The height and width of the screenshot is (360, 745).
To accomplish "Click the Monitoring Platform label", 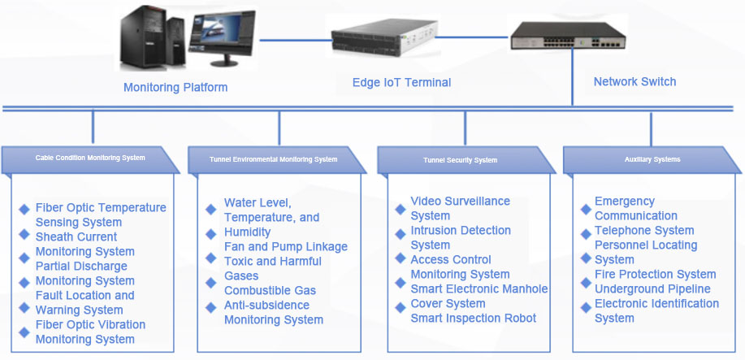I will coord(175,87).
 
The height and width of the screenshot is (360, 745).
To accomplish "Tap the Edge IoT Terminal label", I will coord(401,82).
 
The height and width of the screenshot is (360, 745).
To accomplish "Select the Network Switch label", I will coord(635,81).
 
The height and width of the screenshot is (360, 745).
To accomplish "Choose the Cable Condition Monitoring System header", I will coord(90,158).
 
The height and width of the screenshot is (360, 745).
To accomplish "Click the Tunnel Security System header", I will coord(460,159).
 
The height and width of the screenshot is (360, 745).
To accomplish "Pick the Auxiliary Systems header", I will coord(652,159).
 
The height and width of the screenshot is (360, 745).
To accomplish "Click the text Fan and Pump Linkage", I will coord(285,246).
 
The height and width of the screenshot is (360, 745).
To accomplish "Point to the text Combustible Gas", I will coord(270,290).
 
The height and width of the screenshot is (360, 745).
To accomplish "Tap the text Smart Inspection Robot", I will coord(473,318).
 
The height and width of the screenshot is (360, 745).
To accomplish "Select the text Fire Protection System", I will coord(655,274).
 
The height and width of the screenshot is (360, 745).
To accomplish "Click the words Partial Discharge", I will coord(81,266).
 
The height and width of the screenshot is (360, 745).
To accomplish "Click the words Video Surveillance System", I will coord(460,208).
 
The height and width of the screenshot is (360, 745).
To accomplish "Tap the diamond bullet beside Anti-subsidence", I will coord(210,306).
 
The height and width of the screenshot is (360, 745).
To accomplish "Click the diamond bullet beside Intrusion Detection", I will coord(400,232).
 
